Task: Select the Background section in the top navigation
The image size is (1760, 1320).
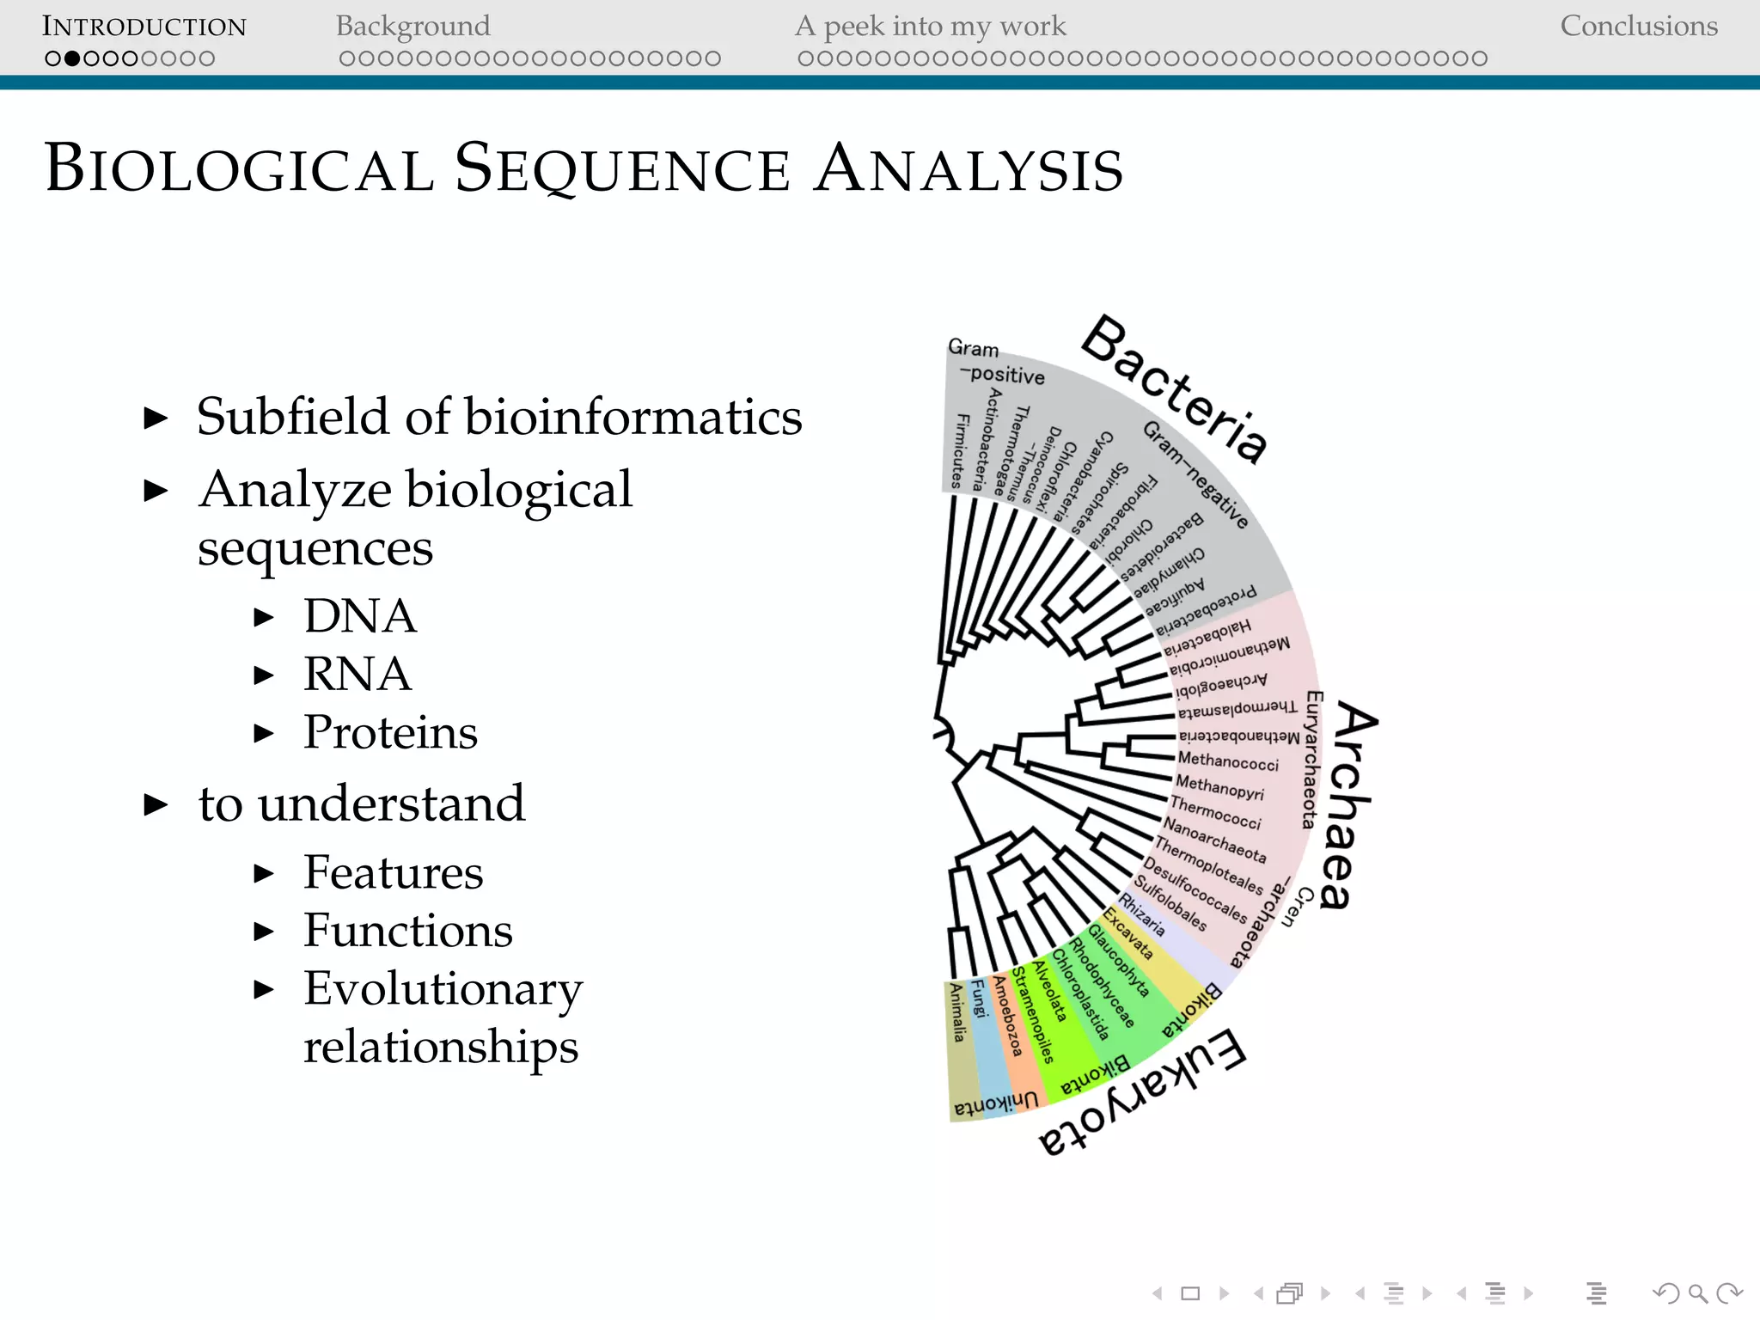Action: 412,27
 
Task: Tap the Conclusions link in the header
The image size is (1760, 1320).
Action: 1638,27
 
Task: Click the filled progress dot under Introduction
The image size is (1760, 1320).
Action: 72,59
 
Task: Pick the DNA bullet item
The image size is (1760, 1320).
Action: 359,616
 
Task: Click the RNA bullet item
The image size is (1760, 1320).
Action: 357,674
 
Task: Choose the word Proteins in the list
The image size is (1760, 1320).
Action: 390,732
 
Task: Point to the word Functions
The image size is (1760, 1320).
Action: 407,931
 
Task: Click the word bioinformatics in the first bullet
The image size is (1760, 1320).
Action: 633,418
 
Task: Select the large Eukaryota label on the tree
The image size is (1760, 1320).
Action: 1143,1093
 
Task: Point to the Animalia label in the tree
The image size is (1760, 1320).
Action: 957,1012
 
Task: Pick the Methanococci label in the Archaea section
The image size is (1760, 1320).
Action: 1228,761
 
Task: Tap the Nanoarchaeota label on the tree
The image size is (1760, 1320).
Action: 1214,840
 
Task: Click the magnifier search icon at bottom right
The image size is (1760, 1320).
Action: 1697,1292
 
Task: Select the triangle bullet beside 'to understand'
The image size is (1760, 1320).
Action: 156,805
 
